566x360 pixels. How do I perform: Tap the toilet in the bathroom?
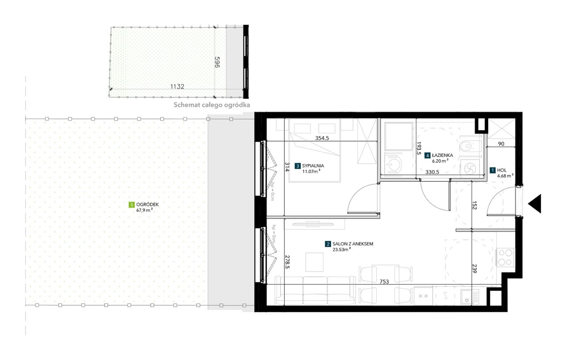470,146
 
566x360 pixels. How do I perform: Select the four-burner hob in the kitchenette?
505,257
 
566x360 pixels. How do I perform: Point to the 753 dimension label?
384,281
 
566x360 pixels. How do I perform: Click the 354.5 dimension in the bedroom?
322,138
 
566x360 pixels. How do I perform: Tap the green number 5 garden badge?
131,204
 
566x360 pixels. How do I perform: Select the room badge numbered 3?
298,166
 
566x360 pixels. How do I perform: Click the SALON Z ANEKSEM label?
353,244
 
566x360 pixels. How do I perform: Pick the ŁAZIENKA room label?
443,155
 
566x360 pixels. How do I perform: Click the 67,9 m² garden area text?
144,210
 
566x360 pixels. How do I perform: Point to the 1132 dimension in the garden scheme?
177,86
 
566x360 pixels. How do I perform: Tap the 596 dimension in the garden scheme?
217,62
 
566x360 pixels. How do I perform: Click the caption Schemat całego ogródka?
212,105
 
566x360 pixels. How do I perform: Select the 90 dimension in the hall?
501,144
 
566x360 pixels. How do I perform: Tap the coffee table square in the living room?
314,262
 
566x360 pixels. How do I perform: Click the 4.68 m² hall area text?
505,176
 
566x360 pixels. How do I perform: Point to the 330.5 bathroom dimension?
432,172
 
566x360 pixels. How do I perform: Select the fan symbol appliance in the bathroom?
470,167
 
